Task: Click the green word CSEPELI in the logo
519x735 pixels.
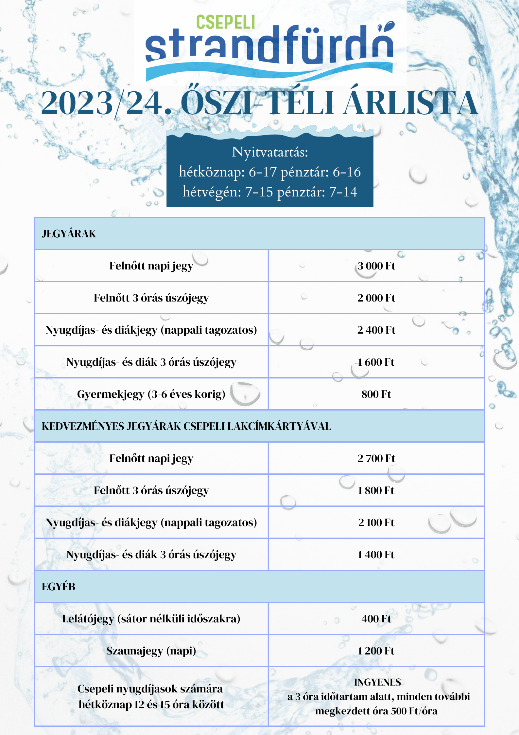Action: tap(225, 22)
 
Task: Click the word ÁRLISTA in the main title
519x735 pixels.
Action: tap(410, 103)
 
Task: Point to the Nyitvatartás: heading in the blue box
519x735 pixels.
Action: tap(270, 152)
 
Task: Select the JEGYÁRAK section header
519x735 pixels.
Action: tap(69, 234)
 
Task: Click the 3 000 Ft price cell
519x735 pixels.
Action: tap(376, 266)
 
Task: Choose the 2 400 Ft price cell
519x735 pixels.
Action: tap(376, 330)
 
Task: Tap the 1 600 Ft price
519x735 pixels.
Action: tap(376, 362)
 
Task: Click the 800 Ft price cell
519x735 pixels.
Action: tap(376, 394)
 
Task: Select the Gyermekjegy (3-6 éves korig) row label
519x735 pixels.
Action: tap(151, 394)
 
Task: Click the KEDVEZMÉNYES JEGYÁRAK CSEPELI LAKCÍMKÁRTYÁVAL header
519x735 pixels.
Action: tap(186, 426)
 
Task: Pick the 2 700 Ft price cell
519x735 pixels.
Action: tap(376, 458)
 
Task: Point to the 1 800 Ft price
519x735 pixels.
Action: tap(376, 490)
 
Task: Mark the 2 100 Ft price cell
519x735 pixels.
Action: tap(376, 523)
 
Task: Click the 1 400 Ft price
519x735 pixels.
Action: tap(376, 555)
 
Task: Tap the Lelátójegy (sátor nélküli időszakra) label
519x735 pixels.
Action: tap(151, 619)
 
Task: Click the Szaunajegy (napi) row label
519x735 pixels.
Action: tap(151, 651)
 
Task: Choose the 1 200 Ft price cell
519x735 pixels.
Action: tap(376, 651)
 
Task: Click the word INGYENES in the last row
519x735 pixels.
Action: tap(377, 682)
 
